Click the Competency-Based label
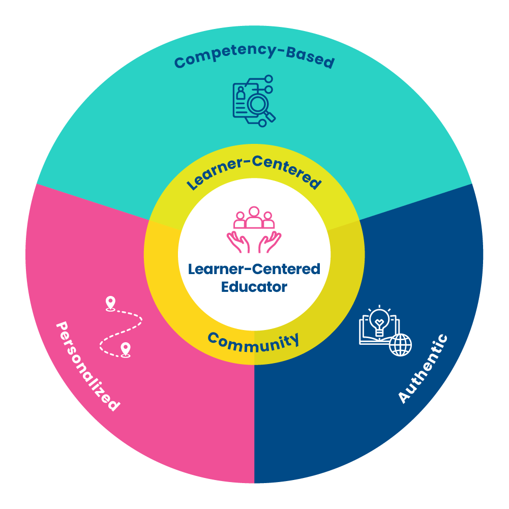pos(254,57)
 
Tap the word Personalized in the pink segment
pos(87,366)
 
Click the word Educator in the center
pos(254,287)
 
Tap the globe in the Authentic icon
pos(400,345)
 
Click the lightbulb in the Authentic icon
pos(379,320)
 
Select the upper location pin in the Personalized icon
pos(109,303)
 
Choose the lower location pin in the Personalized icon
pos(125,349)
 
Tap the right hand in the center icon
pos(270,243)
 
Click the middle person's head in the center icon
pos(254,210)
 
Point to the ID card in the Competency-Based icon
pos(241,99)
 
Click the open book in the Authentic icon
pos(371,336)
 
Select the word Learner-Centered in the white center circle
pos(254,268)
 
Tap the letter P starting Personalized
pos(63,327)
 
